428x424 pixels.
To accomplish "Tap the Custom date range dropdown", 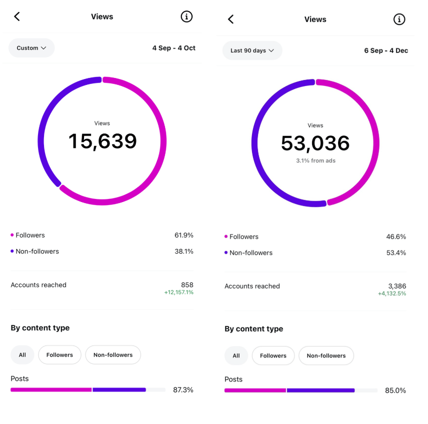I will pos(31,48).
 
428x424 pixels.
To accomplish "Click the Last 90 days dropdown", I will pos(252,50).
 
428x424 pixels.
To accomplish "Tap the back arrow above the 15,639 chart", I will pos(17,16).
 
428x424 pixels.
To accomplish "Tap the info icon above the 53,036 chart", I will pos(399,19).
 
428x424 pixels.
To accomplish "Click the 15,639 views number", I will pos(102,141).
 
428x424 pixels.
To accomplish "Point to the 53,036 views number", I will pos(315,143).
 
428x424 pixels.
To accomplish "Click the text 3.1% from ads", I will pos(315,160).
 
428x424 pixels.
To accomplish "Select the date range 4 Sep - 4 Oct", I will pos(174,48).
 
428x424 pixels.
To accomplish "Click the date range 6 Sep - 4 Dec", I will pos(386,50).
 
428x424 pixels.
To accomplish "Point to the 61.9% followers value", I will pos(183,235).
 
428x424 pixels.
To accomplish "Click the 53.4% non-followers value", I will pos(396,252).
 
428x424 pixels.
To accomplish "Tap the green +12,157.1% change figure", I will pos(178,292).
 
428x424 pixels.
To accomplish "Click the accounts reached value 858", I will pos(187,285).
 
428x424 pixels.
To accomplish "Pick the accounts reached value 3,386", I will pos(397,286).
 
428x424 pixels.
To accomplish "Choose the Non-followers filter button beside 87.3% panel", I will pos(113,355).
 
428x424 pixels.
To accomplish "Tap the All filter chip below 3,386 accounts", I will pos(236,356).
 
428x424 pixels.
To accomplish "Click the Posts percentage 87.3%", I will pos(183,389).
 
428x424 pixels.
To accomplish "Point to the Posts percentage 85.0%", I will pos(395,390).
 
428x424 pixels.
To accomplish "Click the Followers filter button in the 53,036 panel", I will pos(273,356).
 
